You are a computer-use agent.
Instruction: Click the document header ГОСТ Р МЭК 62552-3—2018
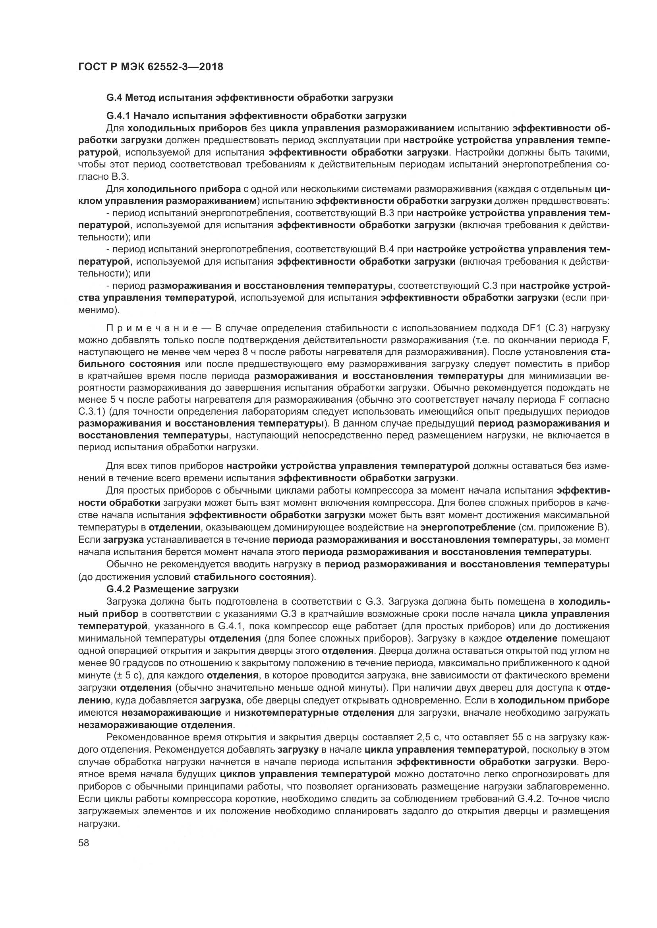tap(150, 67)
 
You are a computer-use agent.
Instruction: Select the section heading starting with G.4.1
tap(256, 116)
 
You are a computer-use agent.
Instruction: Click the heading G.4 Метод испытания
tap(249, 98)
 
